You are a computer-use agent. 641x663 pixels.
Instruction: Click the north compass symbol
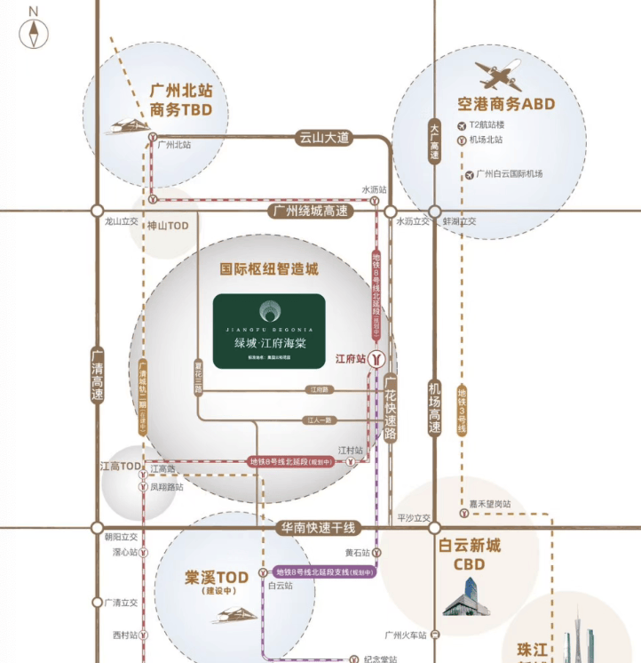[x=34, y=33]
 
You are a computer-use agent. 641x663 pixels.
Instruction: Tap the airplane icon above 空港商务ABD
[x=498, y=74]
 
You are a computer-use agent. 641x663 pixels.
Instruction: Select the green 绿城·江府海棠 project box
[x=269, y=331]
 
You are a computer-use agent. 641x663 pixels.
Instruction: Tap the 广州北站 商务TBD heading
[x=181, y=100]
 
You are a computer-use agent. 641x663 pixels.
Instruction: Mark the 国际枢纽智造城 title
[x=269, y=269]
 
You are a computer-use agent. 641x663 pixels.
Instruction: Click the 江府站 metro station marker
[x=376, y=358]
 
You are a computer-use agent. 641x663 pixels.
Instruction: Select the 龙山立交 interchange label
[x=122, y=223]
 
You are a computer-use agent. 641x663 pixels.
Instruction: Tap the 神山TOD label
[x=168, y=226]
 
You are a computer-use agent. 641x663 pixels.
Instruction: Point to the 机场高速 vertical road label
[x=434, y=408]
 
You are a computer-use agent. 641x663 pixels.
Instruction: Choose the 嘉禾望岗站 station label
[x=490, y=504]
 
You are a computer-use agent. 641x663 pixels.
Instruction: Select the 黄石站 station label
[x=356, y=553]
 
